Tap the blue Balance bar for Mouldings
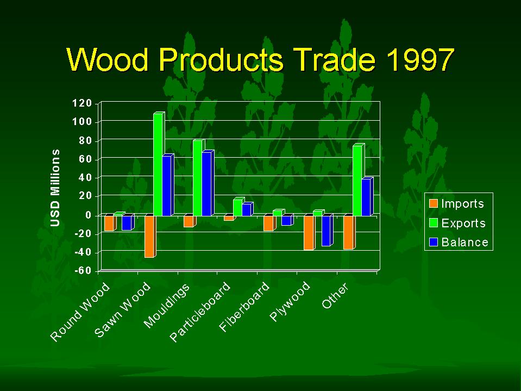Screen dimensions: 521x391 tap(208, 183)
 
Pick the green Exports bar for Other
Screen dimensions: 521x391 tap(359, 180)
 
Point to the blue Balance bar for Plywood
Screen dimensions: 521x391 tap(327, 231)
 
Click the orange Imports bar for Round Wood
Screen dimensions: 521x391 tap(110, 222)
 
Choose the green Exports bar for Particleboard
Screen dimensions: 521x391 tap(238, 207)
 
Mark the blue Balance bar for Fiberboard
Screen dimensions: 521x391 tap(287, 220)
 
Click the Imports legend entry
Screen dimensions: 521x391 tap(456, 203)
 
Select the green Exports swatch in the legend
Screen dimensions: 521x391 tap(434, 223)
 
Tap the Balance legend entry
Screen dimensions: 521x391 tap(459, 242)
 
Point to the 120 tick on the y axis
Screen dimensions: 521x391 tap(81, 103)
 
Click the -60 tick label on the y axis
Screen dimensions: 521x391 tap(83, 271)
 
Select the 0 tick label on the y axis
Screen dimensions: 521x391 tap(89, 215)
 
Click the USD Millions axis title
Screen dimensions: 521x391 tap(55, 188)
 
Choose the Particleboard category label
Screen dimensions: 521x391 tap(200, 312)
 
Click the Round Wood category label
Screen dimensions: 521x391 tap(80, 312)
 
